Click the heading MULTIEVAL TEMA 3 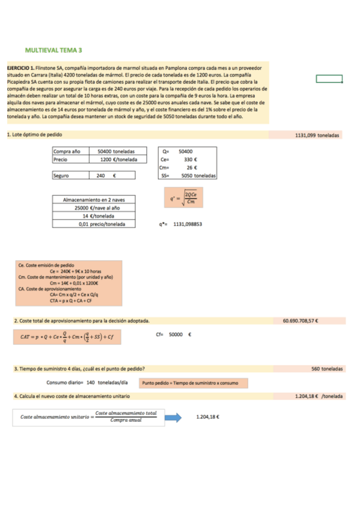click(53, 51)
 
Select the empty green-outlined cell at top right click(329, 79)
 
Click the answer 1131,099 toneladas click(317, 135)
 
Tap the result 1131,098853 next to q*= click(188, 224)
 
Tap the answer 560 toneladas click(327, 369)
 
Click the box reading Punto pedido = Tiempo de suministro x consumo click(193, 382)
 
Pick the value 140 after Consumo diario click(91, 382)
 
